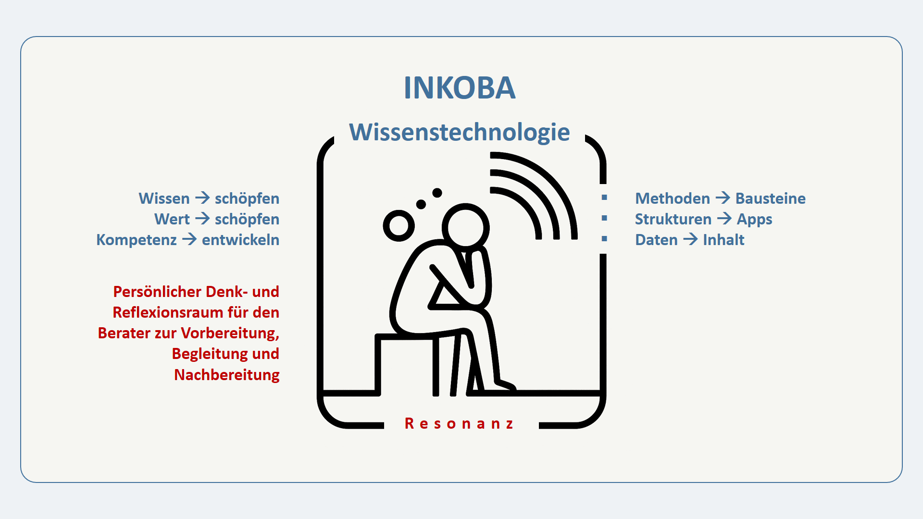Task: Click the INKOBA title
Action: tap(460, 88)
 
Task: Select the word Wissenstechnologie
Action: tap(460, 132)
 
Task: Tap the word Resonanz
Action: tap(460, 423)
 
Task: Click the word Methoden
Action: tap(672, 198)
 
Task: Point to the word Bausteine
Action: tap(770, 198)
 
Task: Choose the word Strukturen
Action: tap(673, 219)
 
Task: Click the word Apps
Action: tap(754, 220)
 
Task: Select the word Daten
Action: tap(656, 240)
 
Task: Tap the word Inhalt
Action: tap(723, 240)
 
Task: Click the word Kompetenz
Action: tap(137, 240)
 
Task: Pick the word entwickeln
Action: tap(240, 240)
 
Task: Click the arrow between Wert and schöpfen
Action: tap(202, 219)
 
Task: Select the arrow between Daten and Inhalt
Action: tap(690, 239)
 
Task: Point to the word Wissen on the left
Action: tap(164, 198)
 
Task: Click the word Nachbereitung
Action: tap(226, 375)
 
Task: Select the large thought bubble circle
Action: tap(399, 225)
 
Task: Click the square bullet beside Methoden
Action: tap(604, 198)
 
